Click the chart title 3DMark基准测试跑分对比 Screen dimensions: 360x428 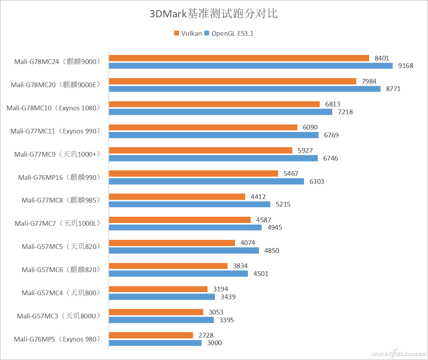pos(214,14)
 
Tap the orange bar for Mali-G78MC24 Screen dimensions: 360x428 pos(239,58)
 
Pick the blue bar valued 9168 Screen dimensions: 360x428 pos(250,66)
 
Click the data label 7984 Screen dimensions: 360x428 pos(369,81)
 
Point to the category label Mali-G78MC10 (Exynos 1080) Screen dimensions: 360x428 pos(53,108)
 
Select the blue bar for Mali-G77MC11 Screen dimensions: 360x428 pos(213,135)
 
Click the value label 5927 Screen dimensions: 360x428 pos(305,151)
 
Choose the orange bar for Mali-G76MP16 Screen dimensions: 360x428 pos(193,174)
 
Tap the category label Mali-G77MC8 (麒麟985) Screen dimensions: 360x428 pos(61,200)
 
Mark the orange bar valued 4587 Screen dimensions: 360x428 pos(179,220)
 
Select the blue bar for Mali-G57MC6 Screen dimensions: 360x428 pos(178,274)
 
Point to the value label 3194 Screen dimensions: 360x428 pos(220,289)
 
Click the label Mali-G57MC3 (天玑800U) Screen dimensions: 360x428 pos(58,316)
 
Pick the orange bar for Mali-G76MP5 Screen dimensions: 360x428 pos(151,335)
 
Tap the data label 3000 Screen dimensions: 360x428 pos(215,343)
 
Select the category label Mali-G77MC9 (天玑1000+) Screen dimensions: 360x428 pos(57,154)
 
